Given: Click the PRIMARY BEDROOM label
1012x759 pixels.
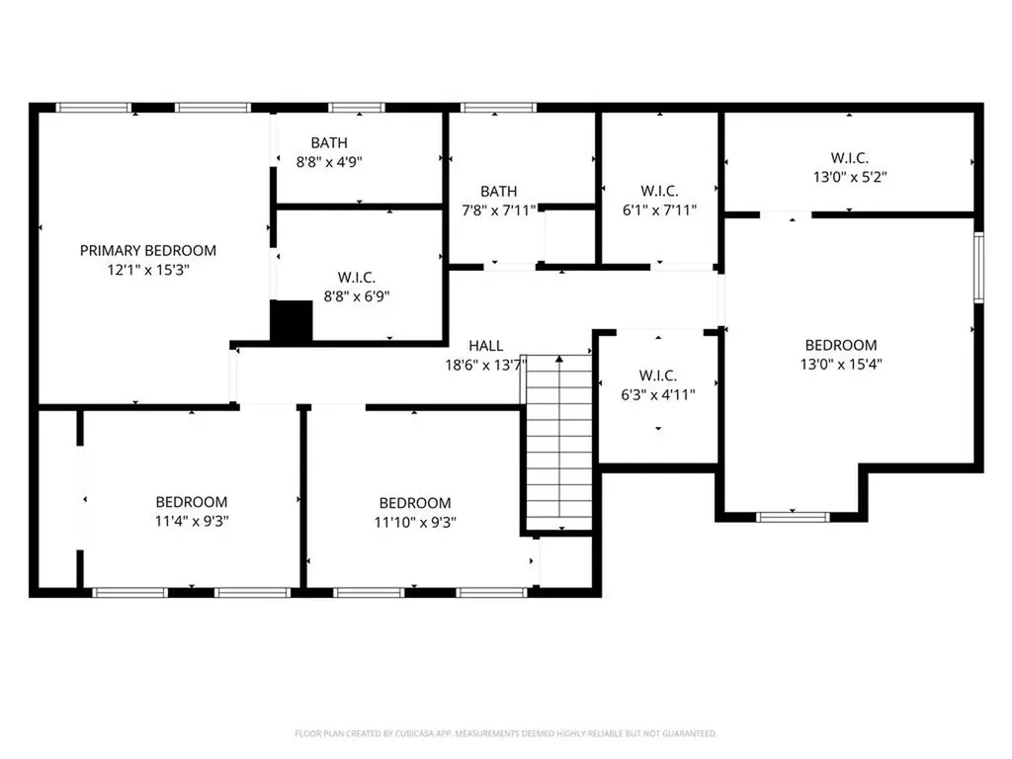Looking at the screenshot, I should pyautogui.click(x=147, y=251).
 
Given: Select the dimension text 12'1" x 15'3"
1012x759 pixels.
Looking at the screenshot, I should pyautogui.click(x=147, y=270).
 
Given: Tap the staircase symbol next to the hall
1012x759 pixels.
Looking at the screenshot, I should pyautogui.click(x=559, y=443).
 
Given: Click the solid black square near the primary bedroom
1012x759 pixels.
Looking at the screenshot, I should pyautogui.click(x=292, y=322).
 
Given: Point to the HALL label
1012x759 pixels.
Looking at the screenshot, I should pyautogui.click(x=485, y=346).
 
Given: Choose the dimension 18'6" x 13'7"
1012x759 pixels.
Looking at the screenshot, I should pyautogui.click(x=485, y=365).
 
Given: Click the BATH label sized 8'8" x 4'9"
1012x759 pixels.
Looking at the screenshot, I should pyautogui.click(x=329, y=143).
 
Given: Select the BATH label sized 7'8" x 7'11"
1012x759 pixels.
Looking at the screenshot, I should pyautogui.click(x=499, y=191).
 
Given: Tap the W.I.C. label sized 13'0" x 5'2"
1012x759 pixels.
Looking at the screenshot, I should pyautogui.click(x=849, y=157).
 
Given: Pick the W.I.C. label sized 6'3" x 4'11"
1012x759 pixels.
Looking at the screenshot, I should pyautogui.click(x=657, y=376).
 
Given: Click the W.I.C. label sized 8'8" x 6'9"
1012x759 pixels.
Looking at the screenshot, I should pyautogui.click(x=357, y=277).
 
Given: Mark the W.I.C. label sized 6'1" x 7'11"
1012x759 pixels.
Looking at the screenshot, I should pyautogui.click(x=659, y=191).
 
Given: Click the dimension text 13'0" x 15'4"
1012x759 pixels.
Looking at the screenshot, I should pyautogui.click(x=841, y=364).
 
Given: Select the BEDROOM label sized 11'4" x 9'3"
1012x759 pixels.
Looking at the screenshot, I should pyautogui.click(x=191, y=502).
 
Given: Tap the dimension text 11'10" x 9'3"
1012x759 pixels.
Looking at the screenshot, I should pyautogui.click(x=415, y=522).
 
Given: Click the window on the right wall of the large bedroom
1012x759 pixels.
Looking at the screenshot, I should pyautogui.click(x=977, y=267).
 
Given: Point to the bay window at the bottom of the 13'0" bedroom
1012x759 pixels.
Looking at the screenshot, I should pyautogui.click(x=793, y=516).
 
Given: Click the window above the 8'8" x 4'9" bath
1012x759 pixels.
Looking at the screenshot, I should pyautogui.click(x=357, y=107).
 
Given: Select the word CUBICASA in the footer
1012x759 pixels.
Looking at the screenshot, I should pyautogui.click(x=406, y=733).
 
